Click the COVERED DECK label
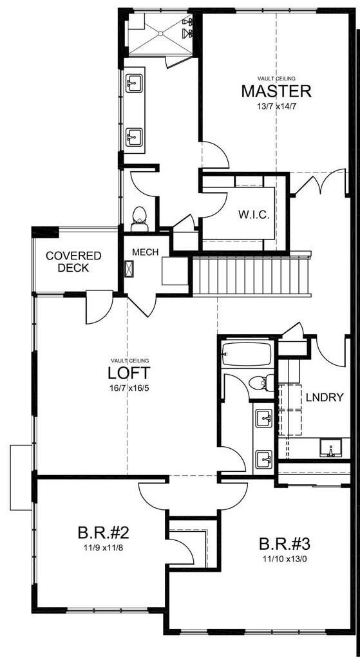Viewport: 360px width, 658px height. pyautogui.click(x=73, y=261)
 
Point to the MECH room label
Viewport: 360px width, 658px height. pyautogui.click(x=146, y=251)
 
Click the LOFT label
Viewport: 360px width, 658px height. pyautogui.click(x=129, y=373)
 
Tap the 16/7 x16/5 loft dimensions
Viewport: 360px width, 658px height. pyautogui.click(x=129, y=388)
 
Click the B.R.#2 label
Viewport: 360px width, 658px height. pyautogui.click(x=104, y=532)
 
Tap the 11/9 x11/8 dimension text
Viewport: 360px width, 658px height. pyautogui.click(x=104, y=547)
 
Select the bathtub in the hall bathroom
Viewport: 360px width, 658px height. pyautogui.click(x=247, y=353)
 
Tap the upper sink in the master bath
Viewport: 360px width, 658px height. pyautogui.click(x=134, y=84)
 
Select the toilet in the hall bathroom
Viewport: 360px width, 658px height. pyautogui.click(x=261, y=382)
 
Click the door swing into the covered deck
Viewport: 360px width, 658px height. pyautogui.click(x=98, y=307)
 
